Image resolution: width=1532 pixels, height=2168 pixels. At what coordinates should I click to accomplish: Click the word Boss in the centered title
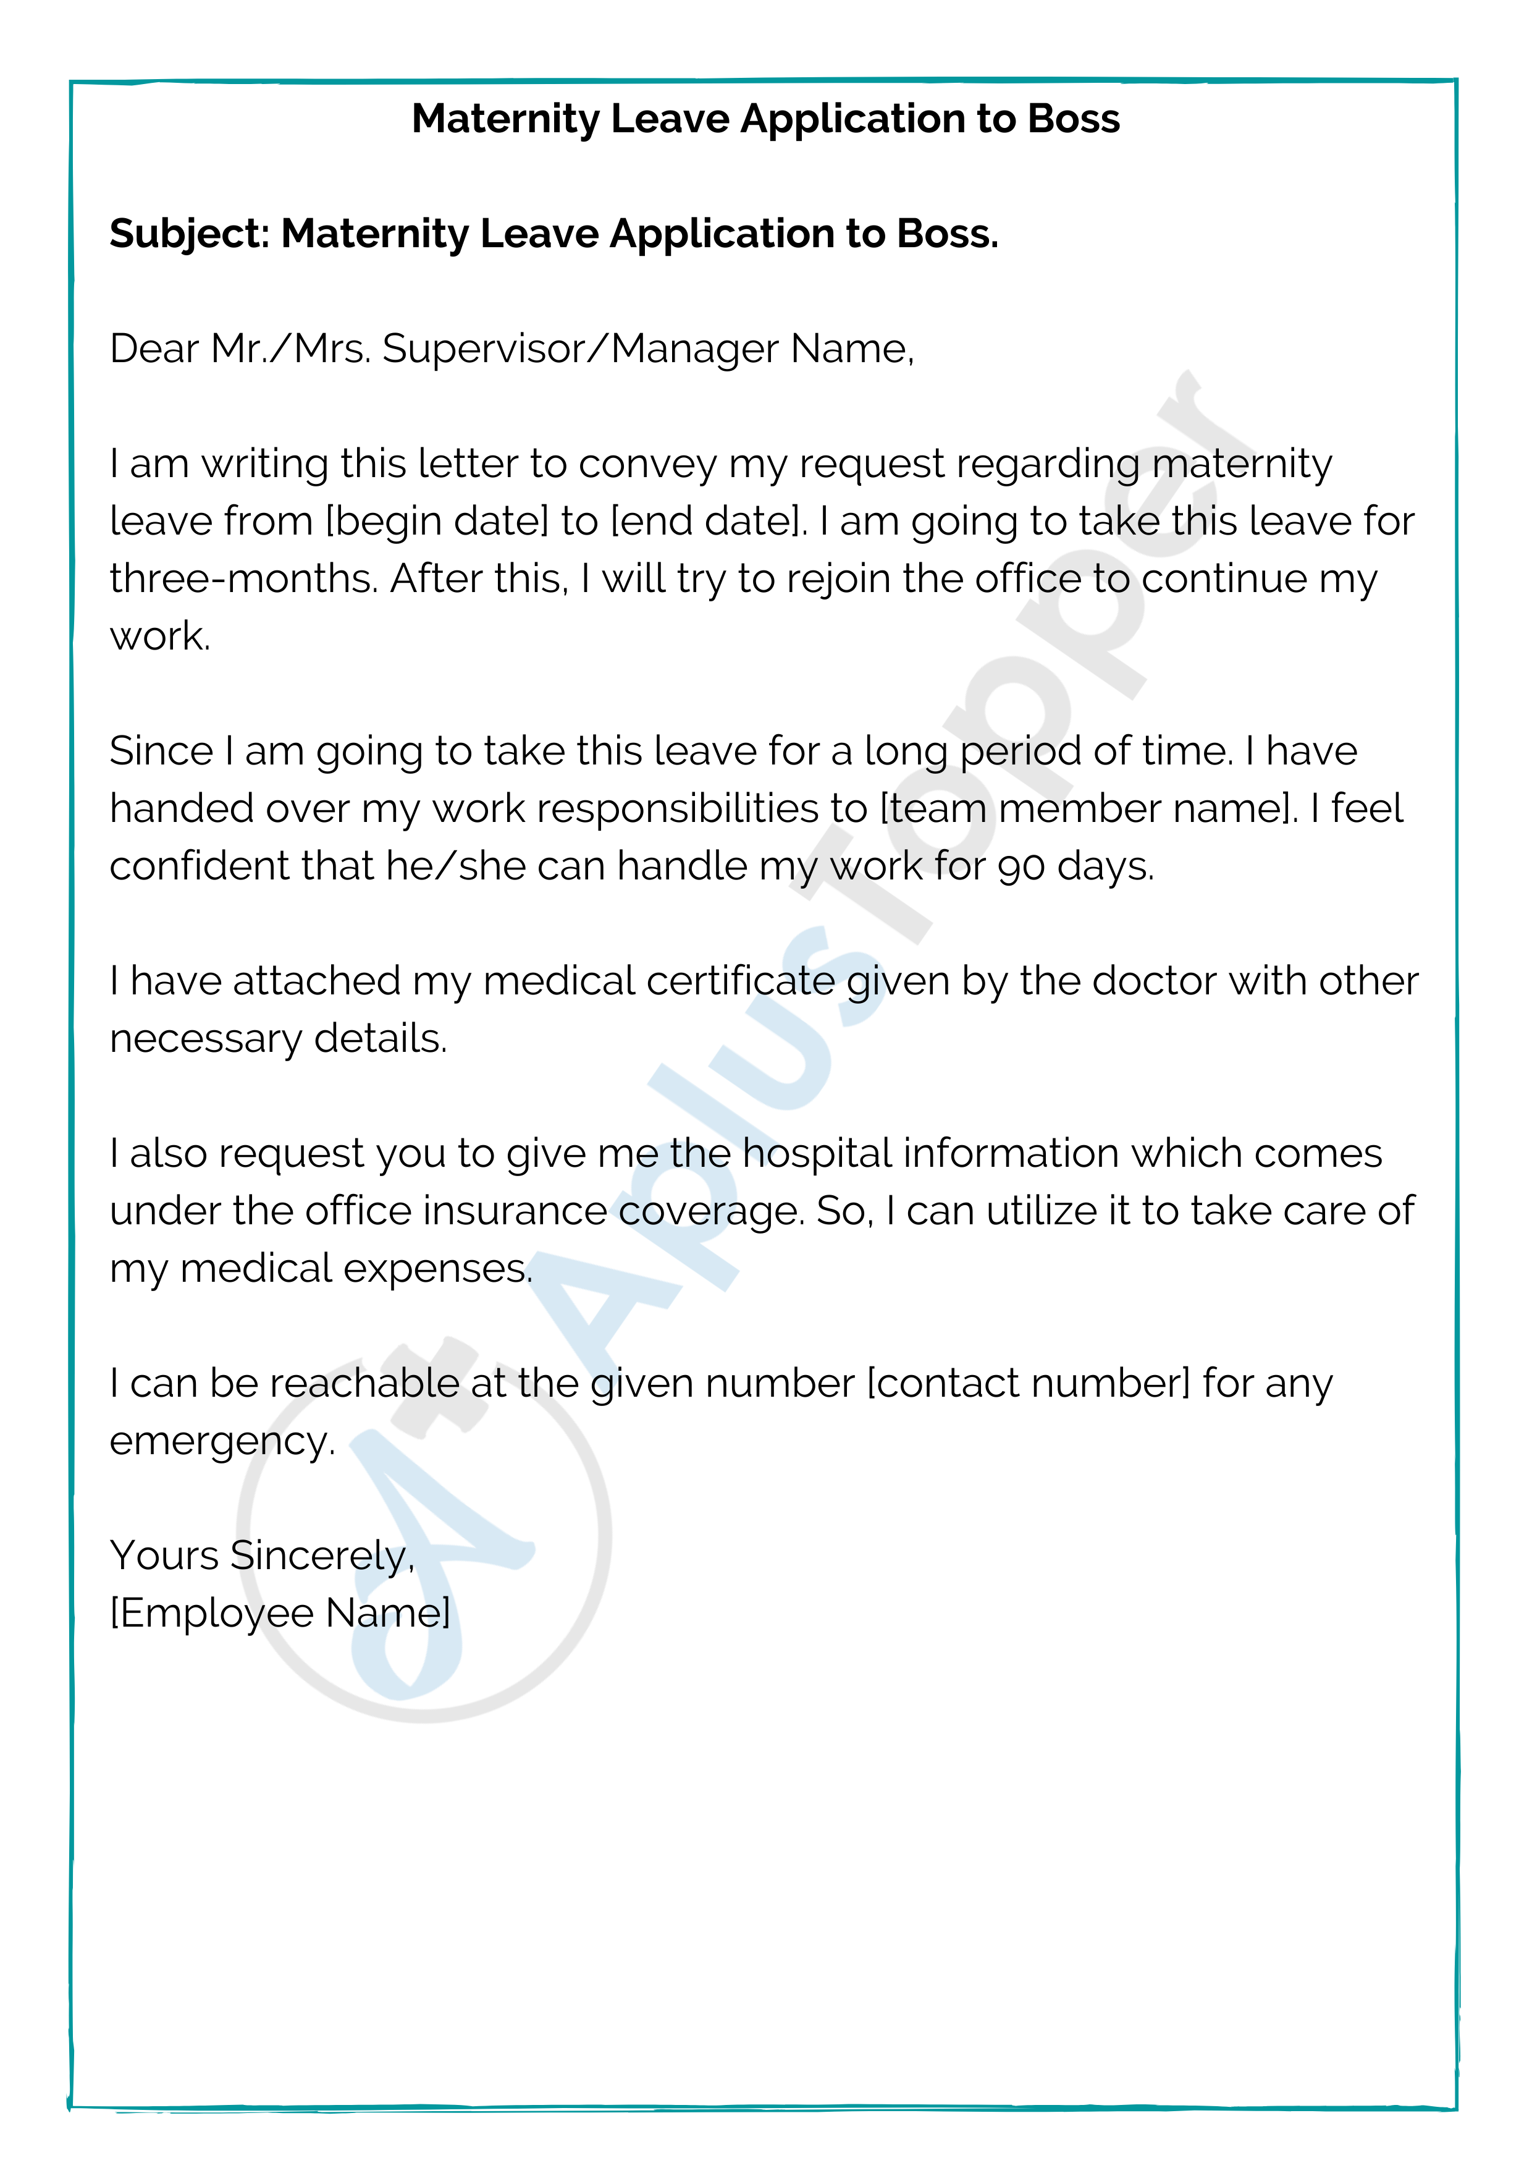coord(1072,119)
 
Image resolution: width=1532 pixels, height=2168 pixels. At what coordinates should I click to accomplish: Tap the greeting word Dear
coord(154,349)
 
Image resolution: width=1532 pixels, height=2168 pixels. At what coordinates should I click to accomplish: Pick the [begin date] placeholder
coord(436,521)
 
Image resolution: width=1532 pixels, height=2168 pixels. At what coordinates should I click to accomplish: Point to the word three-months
coord(243,579)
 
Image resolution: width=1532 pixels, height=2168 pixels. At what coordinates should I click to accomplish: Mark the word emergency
coord(222,1442)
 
